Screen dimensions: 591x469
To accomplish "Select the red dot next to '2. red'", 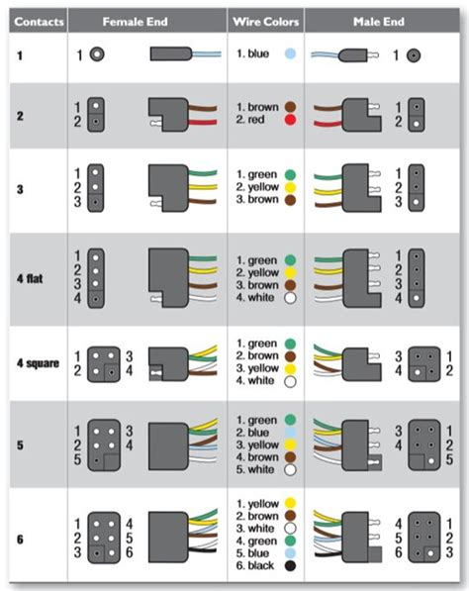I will click(x=290, y=119).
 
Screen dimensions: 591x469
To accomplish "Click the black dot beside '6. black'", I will click(x=289, y=565).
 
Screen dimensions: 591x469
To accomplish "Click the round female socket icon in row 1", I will click(x=97, y=56).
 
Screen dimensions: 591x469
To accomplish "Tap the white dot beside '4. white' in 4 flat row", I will click(x=290, y=297).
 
